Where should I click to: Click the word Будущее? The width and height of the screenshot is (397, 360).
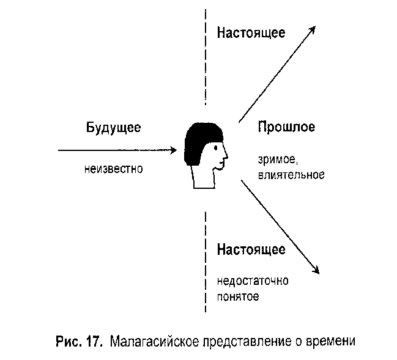113,128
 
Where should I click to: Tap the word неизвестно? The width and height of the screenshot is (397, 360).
113,169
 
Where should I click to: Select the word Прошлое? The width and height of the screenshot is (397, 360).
286,127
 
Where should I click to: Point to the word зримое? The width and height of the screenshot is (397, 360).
277,160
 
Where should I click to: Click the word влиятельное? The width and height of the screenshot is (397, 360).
291,175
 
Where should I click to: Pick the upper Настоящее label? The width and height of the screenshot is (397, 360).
251,33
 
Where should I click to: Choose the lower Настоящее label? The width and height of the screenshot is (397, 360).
251,250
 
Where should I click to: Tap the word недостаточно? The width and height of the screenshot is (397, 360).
253,281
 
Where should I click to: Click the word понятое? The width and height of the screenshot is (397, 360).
238,296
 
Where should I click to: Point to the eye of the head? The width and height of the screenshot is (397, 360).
215,148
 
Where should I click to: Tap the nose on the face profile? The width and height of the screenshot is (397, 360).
226,156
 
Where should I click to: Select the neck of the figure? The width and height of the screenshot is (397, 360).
203,178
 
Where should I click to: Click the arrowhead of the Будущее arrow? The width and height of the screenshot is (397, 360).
174,150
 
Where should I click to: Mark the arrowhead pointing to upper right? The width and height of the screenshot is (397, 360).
312,29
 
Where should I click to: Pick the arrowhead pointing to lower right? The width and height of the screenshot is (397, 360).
316,270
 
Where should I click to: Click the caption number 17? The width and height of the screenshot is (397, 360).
94,342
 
